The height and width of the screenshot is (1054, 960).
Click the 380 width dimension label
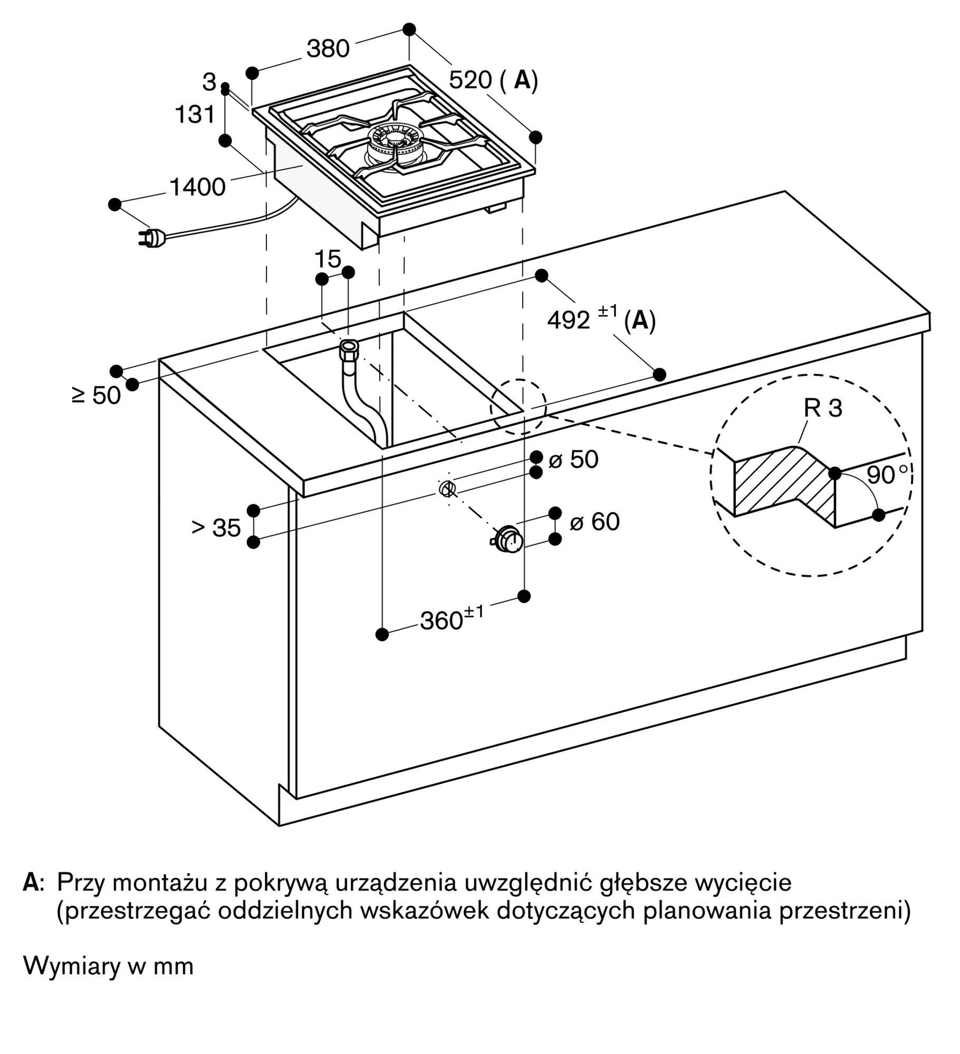(328, 48)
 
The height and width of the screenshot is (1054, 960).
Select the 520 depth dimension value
(471, 80)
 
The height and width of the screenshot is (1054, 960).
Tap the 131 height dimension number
(195, 114)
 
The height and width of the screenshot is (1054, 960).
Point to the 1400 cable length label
(197, 187)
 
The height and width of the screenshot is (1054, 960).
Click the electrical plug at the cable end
(153, 238)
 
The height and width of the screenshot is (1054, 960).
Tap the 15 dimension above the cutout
(328, 259)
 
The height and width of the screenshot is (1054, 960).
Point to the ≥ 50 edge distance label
(96, 395)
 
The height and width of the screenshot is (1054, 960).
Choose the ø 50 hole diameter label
(574, 460)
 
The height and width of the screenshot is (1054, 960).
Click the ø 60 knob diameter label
(595, 522)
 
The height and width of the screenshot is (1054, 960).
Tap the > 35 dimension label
(216, 528)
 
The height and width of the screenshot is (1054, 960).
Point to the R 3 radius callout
(823, 408)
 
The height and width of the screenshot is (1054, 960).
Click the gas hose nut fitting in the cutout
(349, 348)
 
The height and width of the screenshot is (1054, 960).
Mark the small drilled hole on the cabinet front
(447, 490)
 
